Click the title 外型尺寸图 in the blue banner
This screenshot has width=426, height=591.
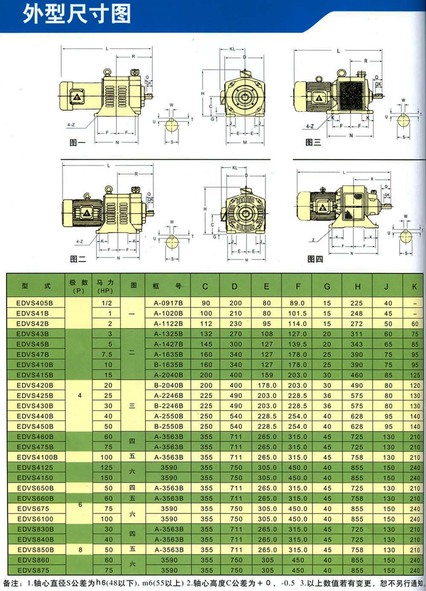pos(77,14)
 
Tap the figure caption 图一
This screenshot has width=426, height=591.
pos(77,142)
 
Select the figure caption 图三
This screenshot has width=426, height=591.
pos(313,142)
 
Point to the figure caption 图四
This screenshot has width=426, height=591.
pos(315,259)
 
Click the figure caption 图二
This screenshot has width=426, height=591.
pos(78,259)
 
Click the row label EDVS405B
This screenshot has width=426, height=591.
pos(35,303)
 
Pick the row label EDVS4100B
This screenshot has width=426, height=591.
pos(37,457)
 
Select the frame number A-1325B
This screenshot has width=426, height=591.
pos(168,334)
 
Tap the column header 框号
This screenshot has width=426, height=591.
pos(167,286)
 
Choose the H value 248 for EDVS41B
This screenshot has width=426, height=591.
pos(357,313)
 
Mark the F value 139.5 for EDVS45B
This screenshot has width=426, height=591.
pos(297,344)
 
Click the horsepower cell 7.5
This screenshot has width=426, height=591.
pos(107,354)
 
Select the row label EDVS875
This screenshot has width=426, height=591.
pos(33,570)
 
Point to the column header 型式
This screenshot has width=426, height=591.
pos(36,286)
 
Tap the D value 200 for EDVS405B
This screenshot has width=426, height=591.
pos(236,303)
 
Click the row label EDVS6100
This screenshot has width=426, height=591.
pos(35,519)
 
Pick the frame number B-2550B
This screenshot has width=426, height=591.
pos(168,426)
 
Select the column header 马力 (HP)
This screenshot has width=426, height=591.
pos(105,286)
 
